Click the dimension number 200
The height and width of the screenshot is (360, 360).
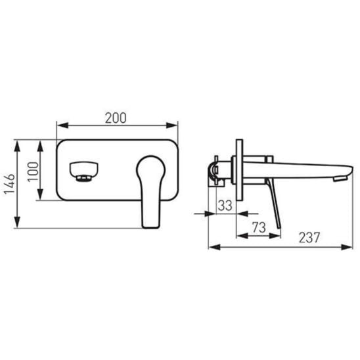[x=116, y=118]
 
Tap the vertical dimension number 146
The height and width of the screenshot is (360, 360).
[x=10, y=184]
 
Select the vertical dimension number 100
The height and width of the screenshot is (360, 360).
[x=33, y=172]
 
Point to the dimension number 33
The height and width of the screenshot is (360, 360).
[x=225, y=205]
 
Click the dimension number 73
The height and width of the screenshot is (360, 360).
[x=259, y=227]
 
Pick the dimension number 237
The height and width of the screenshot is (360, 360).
[x=309, y=237]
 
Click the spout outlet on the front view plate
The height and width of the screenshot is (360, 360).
[x=84, y=172]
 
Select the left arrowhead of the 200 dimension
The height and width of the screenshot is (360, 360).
[x=62, y=125]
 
